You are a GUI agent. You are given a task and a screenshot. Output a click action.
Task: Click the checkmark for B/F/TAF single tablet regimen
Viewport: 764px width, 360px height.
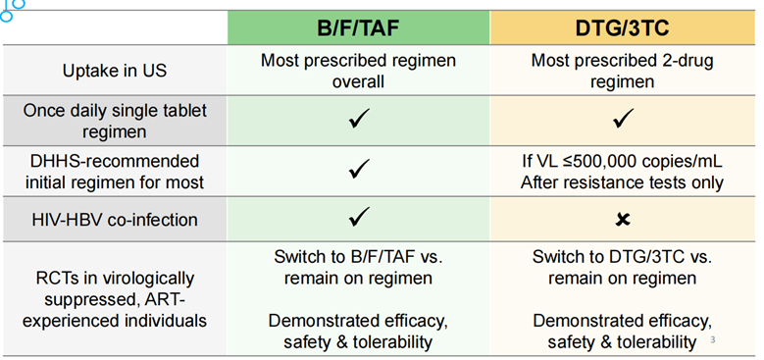pos(359,121)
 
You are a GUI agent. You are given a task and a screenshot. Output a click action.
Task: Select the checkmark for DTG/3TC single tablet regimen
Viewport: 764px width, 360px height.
pos(622,121)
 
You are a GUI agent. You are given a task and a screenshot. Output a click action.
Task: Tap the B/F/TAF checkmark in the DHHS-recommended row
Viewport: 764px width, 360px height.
pos(359,170)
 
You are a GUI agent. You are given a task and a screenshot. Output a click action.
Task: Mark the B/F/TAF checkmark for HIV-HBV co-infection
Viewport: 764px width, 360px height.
pos(359,217)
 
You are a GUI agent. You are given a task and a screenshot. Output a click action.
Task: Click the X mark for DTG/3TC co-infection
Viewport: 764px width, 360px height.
pos(622,218)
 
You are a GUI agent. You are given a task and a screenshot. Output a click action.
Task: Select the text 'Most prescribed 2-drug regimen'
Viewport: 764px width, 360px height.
pos(622,71)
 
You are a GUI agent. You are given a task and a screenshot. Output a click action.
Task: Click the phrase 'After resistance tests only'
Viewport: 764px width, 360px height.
pos(622,181)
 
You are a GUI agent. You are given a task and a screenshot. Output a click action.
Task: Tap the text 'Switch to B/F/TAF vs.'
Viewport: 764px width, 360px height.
pos(358,258)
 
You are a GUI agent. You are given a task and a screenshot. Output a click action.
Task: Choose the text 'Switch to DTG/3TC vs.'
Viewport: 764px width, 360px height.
pos(622,258)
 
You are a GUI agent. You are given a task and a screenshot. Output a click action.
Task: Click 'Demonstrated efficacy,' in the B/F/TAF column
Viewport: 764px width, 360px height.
pos(358,320)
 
